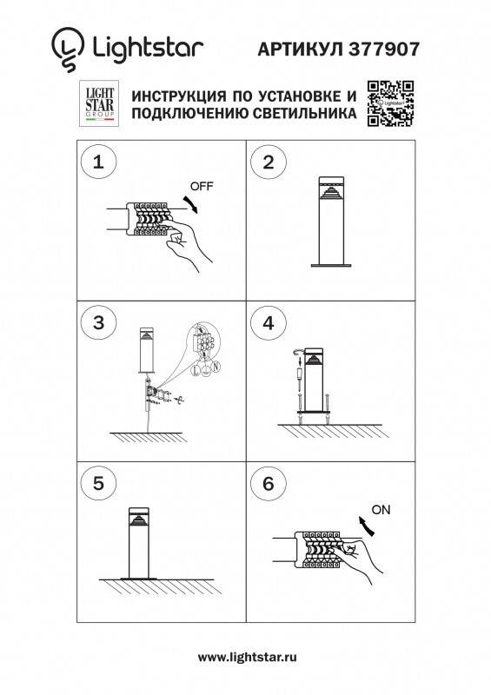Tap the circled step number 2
click(268, 162)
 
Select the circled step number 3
click(97, 322)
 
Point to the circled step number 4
click(268, 322)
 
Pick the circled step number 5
click(97, 483)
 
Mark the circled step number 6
click(268, 483)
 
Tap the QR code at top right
click(389, 103)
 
